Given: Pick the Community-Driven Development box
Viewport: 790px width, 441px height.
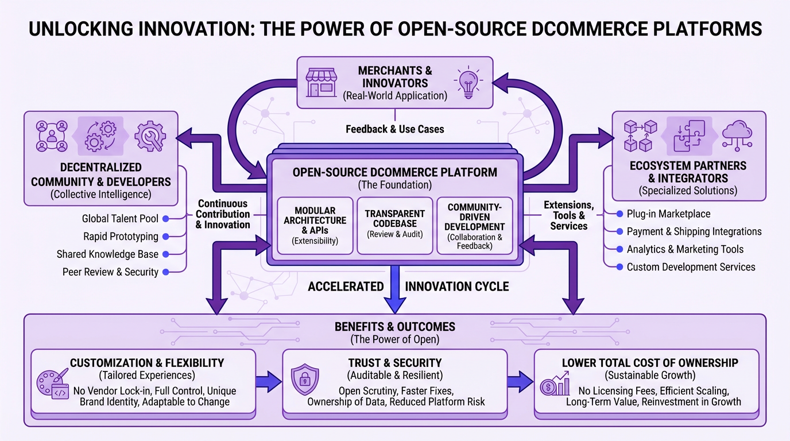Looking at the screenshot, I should pyautogui.click(x=475, y=226).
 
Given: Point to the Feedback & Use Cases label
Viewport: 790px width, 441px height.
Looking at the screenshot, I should pyautogui.click(x=394, y=129).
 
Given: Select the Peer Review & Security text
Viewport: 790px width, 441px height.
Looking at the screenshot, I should pyautogui.click(x=110, y=272).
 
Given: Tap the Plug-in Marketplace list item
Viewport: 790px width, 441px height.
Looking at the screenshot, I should pyautogui.click(x=668, y=214).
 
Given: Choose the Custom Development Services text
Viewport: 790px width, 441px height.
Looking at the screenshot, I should pyautogui.click(x=691, y=267).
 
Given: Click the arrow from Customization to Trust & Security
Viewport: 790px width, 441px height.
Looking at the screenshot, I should pyautogui.click(x=269, y=380).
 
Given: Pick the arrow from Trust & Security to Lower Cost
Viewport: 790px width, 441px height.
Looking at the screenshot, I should pyautogui.click(x=521, y=380).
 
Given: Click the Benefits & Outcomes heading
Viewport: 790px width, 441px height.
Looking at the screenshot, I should pyautogui.click(x=394, y=327).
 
